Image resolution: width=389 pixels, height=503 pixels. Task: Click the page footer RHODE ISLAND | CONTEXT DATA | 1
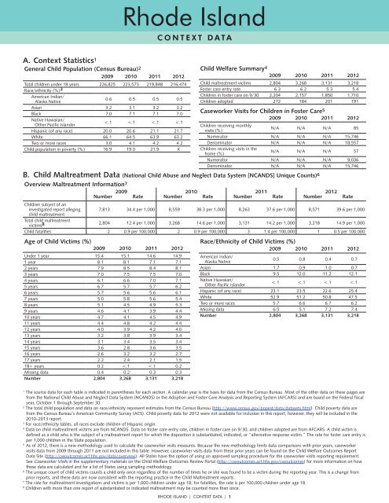click(194, 497)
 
